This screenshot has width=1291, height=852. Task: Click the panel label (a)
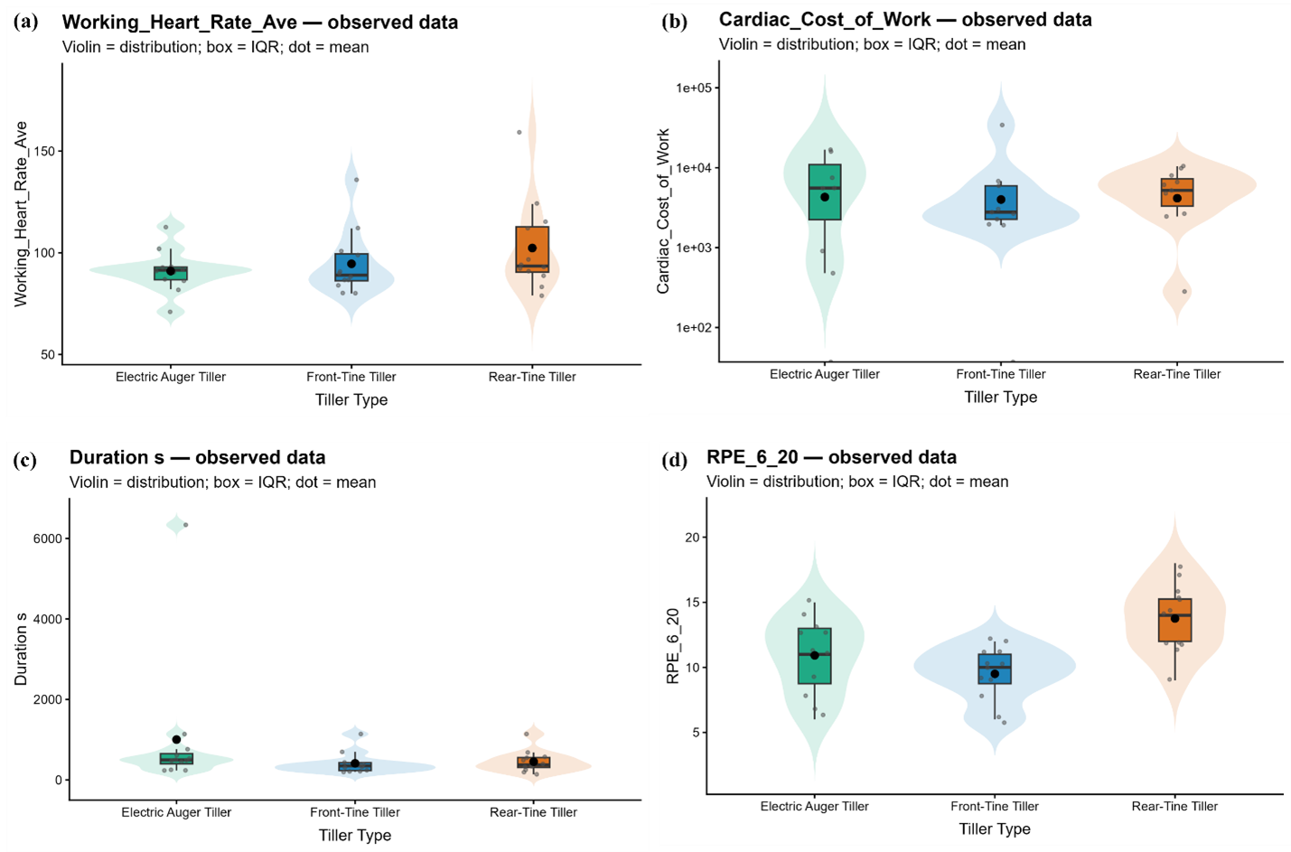[x=25, y=22]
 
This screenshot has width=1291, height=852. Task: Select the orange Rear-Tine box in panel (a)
[x=532, y=249]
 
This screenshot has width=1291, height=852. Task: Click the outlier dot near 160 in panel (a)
[x=519, y=133]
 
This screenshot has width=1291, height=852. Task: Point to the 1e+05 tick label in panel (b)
[x=694, y=88]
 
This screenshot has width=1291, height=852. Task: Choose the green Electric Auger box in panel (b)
[x=825, y=192]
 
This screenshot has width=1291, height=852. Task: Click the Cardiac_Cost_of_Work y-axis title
[x=663, y=211]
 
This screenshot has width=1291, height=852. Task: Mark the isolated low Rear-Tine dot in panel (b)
[x=1184, y=292]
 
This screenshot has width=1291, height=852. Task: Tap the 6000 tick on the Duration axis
[x=47, y=538]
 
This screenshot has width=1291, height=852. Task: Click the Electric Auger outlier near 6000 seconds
[x=185, y=525]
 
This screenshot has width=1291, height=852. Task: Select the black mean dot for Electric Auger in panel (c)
[x=177, y=739]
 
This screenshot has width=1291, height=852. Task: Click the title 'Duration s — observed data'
[x=197, y=458]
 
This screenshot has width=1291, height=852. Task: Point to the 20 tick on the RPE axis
[x=692, y=538]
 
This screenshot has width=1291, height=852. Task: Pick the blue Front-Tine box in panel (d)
[x=995, y=669]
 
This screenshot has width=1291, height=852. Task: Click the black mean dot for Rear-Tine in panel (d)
[x=1174, y=618]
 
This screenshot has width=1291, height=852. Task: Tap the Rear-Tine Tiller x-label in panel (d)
[x=1174, y=807]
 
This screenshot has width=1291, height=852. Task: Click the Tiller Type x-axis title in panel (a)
[x=351, y=400]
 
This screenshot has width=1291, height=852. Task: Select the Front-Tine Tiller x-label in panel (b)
[x=1001, y=374]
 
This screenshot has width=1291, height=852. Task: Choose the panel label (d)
[x=675, y=460]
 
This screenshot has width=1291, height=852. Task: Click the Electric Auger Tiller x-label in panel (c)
[x=176, y=812]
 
